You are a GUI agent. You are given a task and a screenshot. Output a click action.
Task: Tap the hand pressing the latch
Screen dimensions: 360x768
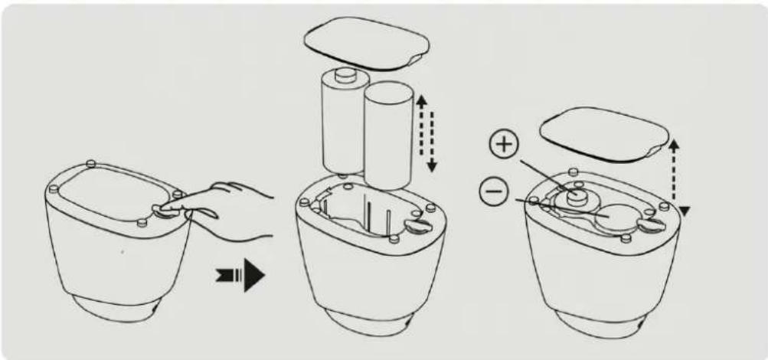pos(230,203)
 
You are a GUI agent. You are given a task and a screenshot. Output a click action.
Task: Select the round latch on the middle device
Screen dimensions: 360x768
pos(418,225)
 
